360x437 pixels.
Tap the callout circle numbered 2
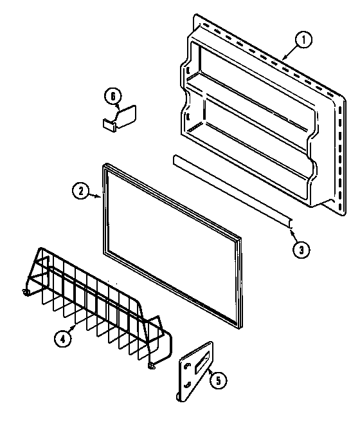tap(80, 190)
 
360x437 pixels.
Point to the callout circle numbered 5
tap(218, 381)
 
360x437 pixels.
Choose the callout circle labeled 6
tap(112, 97)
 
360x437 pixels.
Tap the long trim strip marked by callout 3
tap(231, 190)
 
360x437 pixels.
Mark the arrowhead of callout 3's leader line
tap(291, 225)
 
